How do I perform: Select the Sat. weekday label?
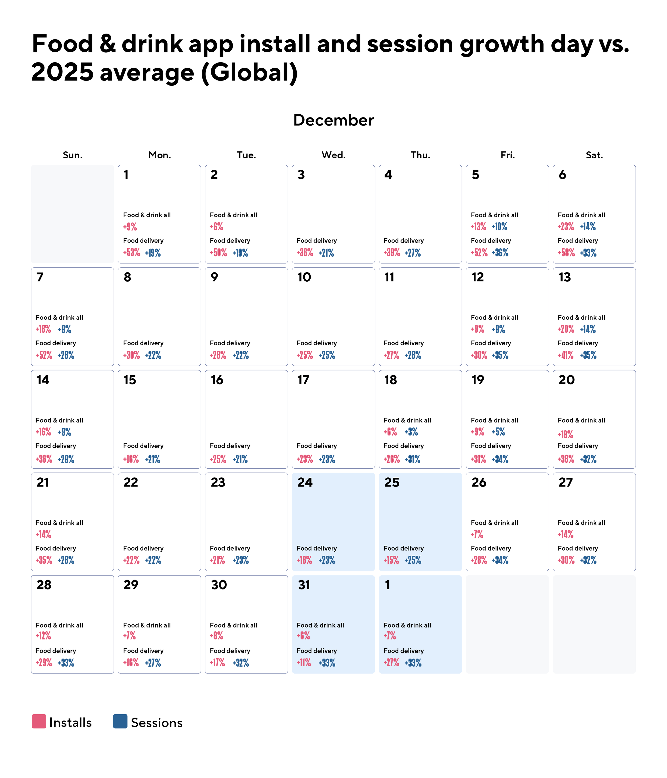tap(594, 155)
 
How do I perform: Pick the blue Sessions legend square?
tap(120, 721)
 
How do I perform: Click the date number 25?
tap(392, 483)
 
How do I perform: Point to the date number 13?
tap(564, 277)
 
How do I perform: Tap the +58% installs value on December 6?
tap(566, 253)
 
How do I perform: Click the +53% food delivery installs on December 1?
tap(132, 253)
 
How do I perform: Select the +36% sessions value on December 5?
tap(500, 253)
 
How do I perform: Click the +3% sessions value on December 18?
tap(411, 432)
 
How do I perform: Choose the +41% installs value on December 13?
tap(566, 355)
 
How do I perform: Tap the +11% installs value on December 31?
tap(304, 663)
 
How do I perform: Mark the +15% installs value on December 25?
tap(391, 560)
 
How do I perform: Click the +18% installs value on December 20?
tap(566, 434)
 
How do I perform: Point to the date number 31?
tap(304, 585)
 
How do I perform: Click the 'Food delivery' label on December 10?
tap(317, 343)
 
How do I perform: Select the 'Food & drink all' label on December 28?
tap(59, 625)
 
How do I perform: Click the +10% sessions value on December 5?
tap(500, 227)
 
